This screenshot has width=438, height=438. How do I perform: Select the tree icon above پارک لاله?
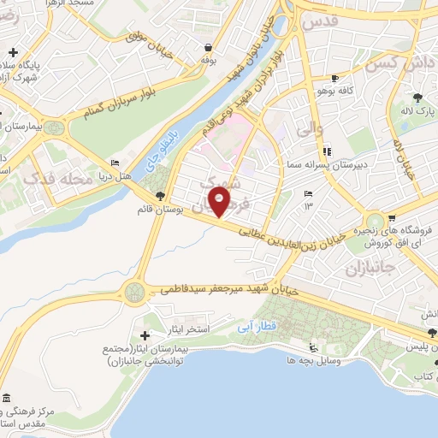click(417, 98)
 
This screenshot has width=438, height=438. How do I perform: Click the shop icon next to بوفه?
click(206, 49)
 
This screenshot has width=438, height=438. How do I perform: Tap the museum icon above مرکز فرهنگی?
click(8, 400)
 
